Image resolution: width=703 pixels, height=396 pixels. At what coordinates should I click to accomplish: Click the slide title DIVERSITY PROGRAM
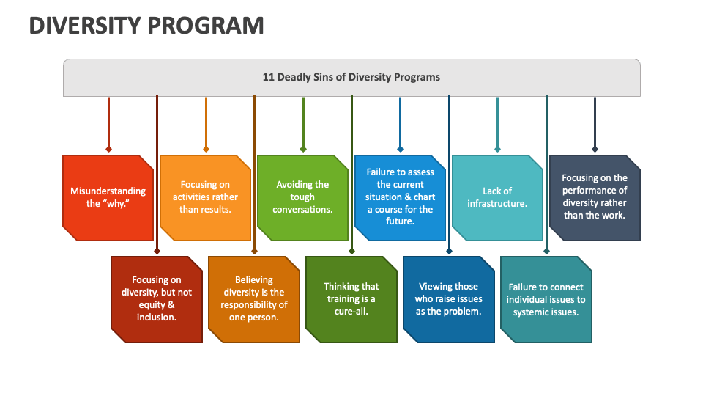[146, 25]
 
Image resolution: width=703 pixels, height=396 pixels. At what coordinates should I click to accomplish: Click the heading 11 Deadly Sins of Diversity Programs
[351, 77]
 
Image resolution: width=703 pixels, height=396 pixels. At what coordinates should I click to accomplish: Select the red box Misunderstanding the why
[108, 197]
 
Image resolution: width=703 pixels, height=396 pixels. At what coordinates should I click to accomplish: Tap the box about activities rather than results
[205, 197]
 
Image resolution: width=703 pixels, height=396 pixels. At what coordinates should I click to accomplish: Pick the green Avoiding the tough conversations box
[302, 197]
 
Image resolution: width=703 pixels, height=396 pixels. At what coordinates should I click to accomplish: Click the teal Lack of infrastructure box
[497, 197]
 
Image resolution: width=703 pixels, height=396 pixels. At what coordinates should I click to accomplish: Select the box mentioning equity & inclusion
[157, 298]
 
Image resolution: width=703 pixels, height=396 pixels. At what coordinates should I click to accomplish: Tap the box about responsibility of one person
[254, 298]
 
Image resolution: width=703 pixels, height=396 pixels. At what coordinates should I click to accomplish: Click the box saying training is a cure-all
[351, 298]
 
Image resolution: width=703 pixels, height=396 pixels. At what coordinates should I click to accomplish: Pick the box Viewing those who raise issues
[449, 298]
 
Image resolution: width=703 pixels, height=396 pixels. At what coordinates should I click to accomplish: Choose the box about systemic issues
[546, 298]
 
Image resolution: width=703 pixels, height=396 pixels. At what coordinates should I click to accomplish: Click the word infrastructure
[497, 203]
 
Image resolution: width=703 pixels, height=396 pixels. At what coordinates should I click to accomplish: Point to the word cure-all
[351, 311]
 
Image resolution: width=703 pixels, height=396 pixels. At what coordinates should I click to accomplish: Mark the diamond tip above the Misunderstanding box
[108, 149]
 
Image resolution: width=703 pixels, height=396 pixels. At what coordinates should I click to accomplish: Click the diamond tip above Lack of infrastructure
[498, 149]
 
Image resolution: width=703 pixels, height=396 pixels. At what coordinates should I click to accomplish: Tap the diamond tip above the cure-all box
[352, 251]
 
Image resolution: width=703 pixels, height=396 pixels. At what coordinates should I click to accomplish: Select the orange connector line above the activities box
[206, 121]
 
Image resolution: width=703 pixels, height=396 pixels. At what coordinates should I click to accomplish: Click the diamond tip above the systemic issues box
[546, 251]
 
